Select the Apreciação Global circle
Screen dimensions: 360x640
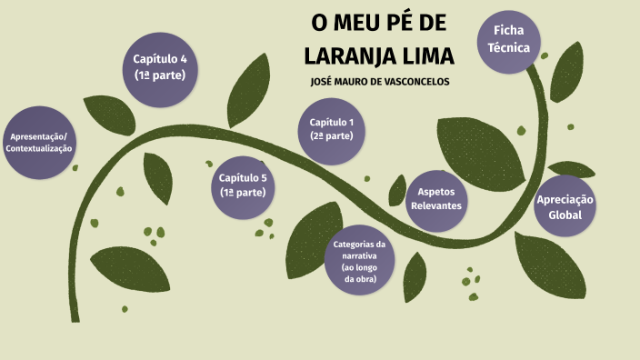click(x=565, y=207)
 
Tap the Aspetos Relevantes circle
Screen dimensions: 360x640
click(x=436, y=198)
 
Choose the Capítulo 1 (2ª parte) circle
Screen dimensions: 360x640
click(x=332, y=129)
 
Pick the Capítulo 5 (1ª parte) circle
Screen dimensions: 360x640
click(x=243, y=185)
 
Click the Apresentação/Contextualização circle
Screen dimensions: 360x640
click(x=39, y=142)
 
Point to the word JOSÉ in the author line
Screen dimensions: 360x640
click(x=324, y=82)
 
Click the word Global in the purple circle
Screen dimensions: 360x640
click(x=565, y=215)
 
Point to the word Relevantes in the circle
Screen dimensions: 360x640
click(x=436, y=205)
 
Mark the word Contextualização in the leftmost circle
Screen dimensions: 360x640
click(x=39, y=148)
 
